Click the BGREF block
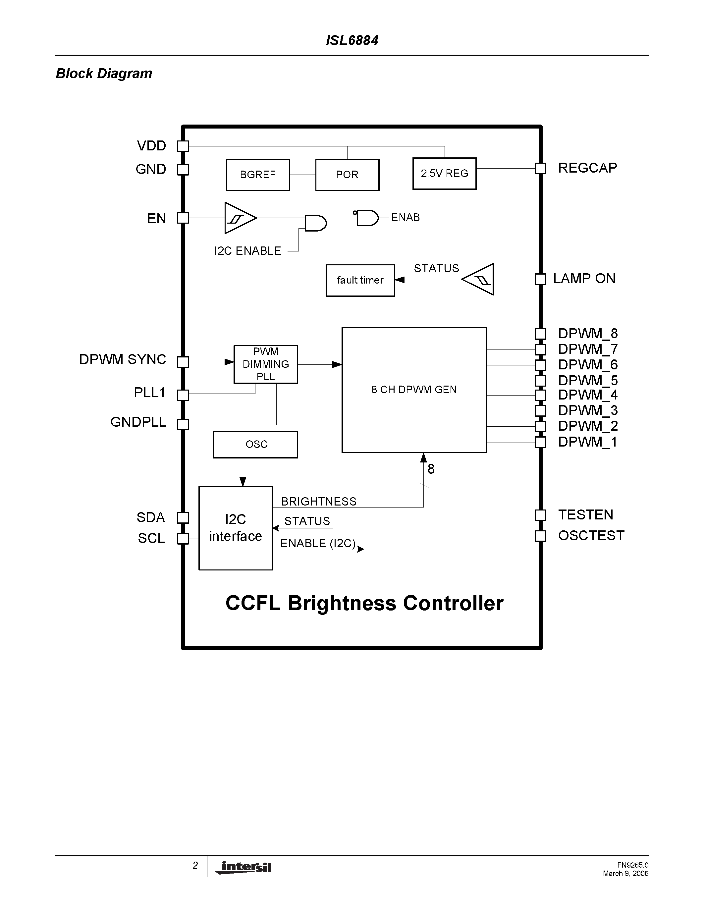(258, 175)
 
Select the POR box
(347, 175)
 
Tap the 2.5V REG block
(444, 174)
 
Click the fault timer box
(360, 280)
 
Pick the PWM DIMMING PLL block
(266, 364)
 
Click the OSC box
(255, 445)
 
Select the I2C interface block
(236, 528)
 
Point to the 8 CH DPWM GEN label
(414, 390)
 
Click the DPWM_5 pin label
(588, 380)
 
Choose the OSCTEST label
(591, 536)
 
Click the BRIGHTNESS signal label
(319, 502)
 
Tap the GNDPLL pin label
(138, 422)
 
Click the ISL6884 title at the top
(352, 40)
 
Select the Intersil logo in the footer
(244, 868)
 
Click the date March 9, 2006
(625, 874)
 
